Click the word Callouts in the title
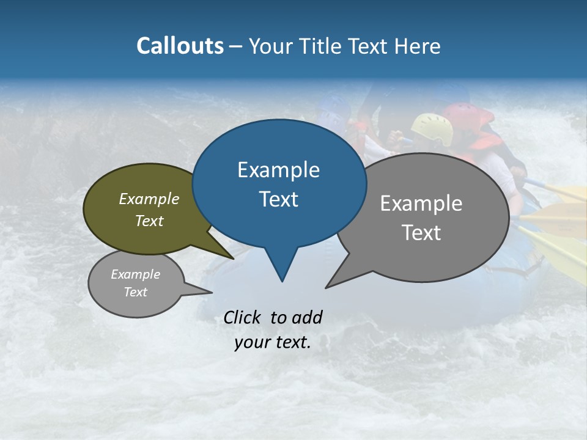click(180, 46)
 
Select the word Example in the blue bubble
click(278, 170)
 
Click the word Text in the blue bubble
click(278, 199)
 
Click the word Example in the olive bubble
click(149, 199)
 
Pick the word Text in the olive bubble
click(149, 221)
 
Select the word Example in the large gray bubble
click(421, 204)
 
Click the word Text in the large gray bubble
click(421, 233)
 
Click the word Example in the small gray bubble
click(136, 274)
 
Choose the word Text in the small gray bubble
click(136, 292)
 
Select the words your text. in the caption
click(273, 343)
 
